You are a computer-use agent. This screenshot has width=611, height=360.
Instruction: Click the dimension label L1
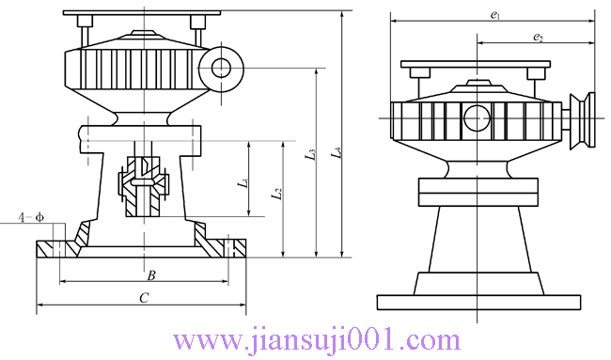coord(244,182)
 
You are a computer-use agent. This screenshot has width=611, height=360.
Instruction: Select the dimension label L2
coord(277,194)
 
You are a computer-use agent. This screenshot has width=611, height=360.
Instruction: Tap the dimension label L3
coord(310,155)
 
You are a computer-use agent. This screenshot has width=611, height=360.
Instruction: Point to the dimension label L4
coord(337,152)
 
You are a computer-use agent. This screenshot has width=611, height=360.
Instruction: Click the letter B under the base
coord(151,275)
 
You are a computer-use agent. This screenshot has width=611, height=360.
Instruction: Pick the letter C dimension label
coord(144,298)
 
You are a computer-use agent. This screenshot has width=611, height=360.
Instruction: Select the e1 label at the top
coord(495,15)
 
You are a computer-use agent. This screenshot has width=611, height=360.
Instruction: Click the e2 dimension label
coord(538,38)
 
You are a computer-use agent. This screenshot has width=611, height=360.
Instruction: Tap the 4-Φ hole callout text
coord(31,217)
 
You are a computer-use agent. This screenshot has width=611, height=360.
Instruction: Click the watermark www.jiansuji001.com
coord(317,340)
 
